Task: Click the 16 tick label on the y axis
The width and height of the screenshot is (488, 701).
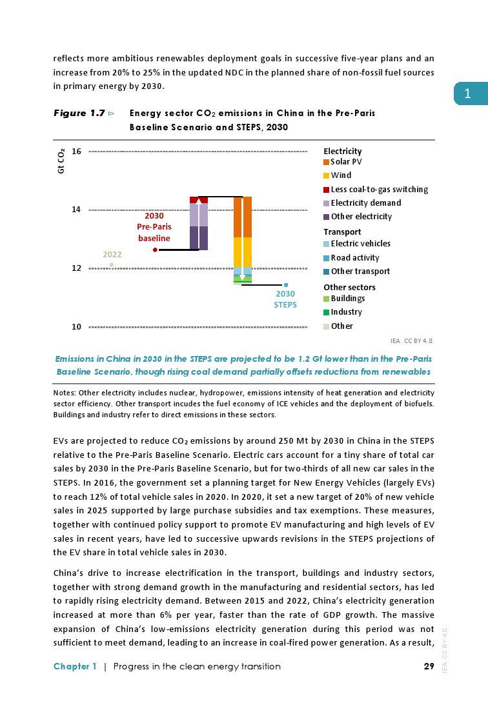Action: [76, 152]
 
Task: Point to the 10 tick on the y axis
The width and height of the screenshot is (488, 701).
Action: [76, 327]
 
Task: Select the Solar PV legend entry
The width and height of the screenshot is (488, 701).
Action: [346, 162]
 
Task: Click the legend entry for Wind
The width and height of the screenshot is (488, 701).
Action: [341, 175]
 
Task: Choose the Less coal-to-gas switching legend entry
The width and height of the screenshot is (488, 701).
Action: [379, 189]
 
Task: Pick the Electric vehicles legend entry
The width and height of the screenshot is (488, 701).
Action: [360, 244]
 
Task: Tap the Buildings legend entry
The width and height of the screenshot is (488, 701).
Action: [347, 299]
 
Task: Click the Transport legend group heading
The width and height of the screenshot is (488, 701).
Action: [342, 232]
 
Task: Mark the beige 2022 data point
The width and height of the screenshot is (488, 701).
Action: [112, 264]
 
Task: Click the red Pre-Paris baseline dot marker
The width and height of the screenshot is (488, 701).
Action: [156, 250]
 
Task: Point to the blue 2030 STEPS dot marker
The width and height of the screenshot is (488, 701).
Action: [285, 284]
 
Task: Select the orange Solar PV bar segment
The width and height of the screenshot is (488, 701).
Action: [242, 217]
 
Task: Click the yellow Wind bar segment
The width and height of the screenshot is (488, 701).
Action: [242, 252]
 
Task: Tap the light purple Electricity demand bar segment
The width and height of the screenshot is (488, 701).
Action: [199, 215]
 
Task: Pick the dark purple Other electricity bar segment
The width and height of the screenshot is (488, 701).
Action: [199, 238]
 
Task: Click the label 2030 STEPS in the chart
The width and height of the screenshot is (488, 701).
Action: [285, 299]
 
